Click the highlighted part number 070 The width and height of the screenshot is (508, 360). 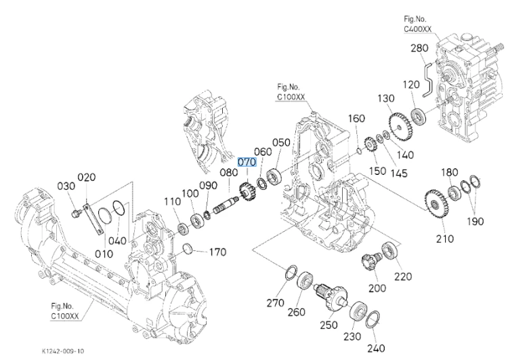pyautogui.click(x=247, y=162)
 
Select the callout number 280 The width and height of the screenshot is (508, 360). pyautogui.click(x=419, y=48)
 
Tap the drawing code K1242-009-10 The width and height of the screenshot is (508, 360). pyautogui.click(x=63, y=351)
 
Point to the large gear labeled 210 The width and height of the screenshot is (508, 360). pyautogui.click(x=436, y=204)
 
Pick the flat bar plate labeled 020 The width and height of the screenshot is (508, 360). pyautogui.click(x=93, y=218)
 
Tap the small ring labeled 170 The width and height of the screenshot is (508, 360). pyautogui.click(x=188, y=249)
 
